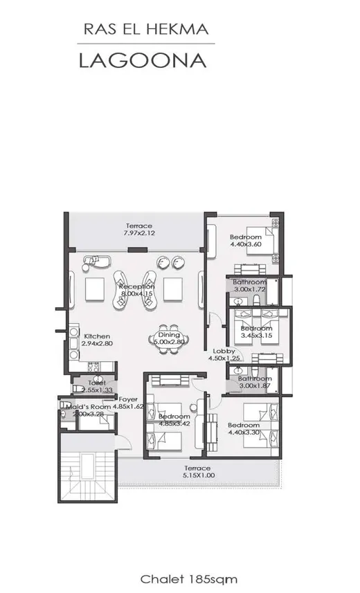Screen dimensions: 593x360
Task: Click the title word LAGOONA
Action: tap(143, 60)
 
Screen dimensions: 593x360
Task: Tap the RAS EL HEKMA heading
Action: tap(145, 29)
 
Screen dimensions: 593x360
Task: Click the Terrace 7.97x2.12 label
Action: tap(138, 230)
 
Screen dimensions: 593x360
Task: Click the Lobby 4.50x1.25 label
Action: tap(224, 354)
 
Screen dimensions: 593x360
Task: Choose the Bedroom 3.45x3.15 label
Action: tap(256, 331)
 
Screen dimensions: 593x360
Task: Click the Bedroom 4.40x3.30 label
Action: tap(244, 429)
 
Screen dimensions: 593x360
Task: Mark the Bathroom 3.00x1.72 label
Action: tap(249, 286)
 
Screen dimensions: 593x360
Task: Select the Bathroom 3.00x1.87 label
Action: tap(254, 382)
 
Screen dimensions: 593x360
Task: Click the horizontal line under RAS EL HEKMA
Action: tap(145, 44)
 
